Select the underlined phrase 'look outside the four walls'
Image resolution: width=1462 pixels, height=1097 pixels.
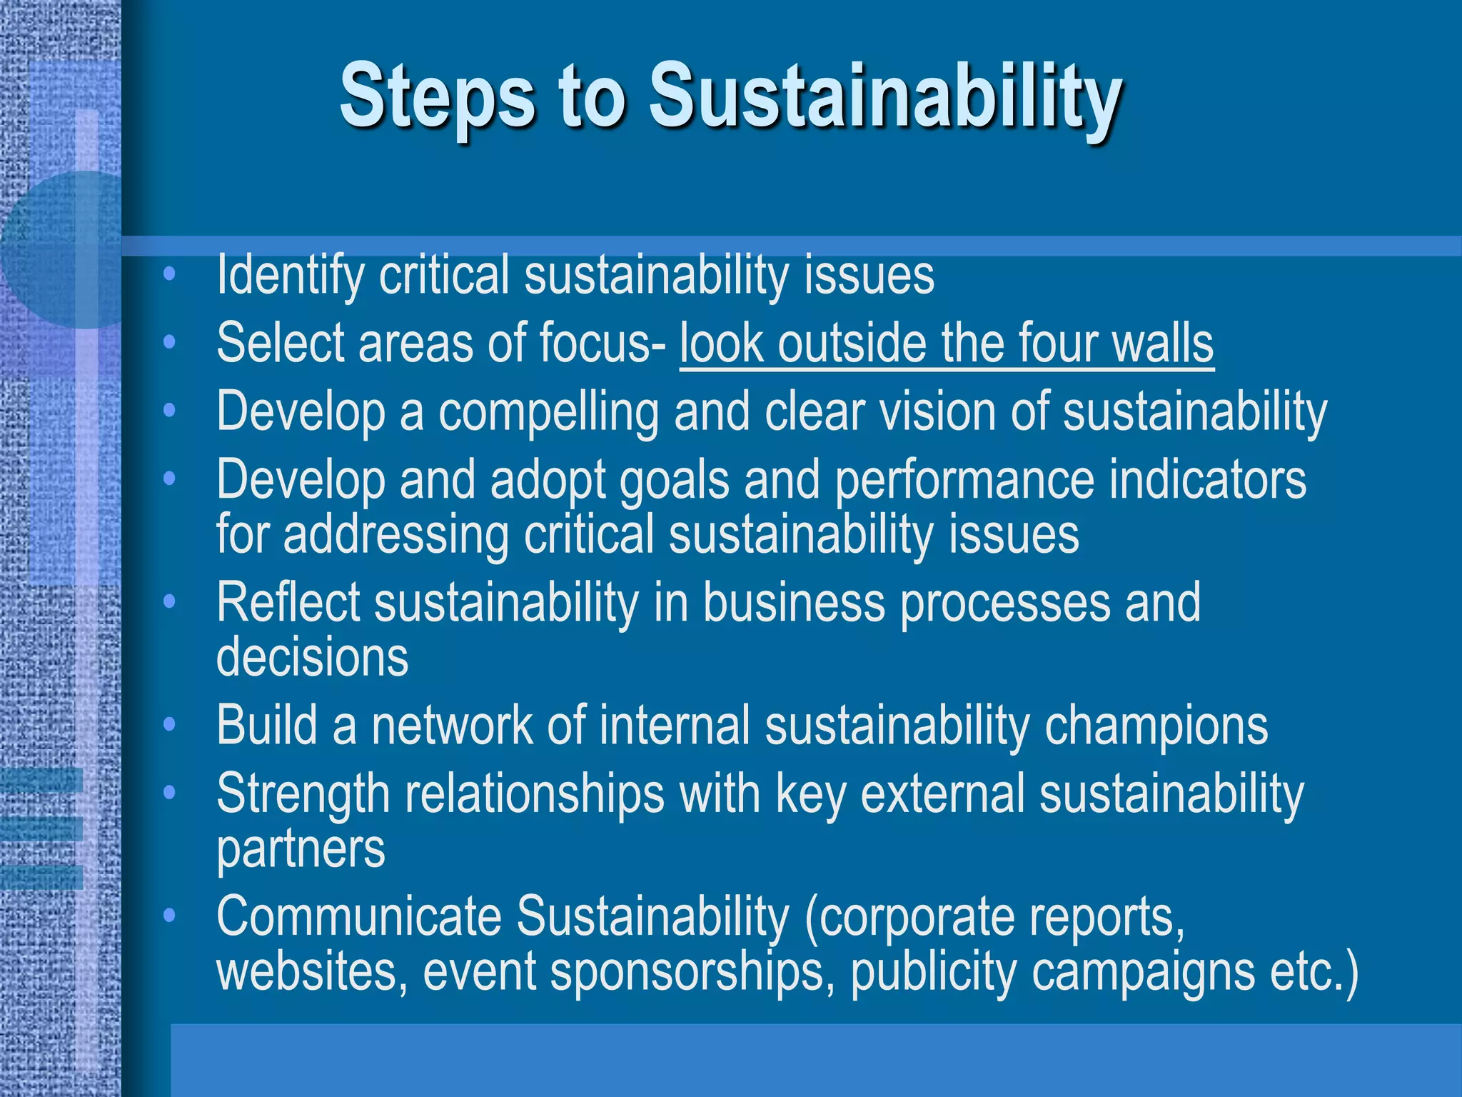(x=946, y=344)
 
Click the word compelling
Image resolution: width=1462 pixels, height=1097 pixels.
(x=548, y=413)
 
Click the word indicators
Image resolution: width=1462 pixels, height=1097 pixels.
(x=1207, y=480)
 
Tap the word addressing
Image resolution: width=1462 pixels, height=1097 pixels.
(x=395, y=535)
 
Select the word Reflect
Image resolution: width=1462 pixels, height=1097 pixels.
(x=288, y=603)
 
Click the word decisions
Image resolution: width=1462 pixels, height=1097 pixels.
(x=312, y=658)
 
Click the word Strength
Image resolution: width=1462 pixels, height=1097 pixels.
(x=303, y=794)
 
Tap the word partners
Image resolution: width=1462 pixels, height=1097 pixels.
(x=301, y=850)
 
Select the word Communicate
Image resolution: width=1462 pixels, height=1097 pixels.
(x=359, y=917)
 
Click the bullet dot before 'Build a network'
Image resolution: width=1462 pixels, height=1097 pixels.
(x=169, y=725)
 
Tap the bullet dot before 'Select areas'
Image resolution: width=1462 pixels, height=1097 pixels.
(x=169, y=343)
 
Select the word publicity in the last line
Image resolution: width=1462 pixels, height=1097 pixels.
(x=933, y=972)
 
